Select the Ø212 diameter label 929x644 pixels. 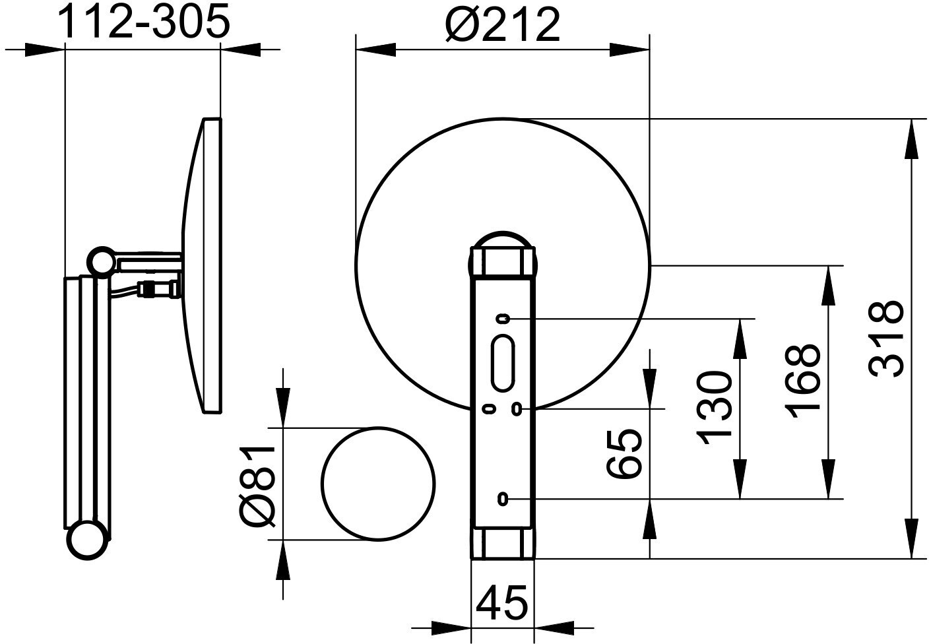[x=503, y=24]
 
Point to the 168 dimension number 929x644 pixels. [x=804, y=381]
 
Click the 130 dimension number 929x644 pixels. [x=715, y=408]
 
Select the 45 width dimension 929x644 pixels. [x=503, y=602]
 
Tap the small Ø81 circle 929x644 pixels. [x=379, y=484]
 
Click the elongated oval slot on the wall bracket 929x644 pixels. [x=503, y=363]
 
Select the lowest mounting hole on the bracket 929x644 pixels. [x=503, y=498]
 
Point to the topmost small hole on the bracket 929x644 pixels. [x=503, y=319]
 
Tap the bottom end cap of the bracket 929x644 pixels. [x=503, y=542]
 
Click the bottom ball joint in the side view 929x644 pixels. [x=86, y=540]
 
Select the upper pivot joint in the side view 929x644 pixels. [x=102, y=261]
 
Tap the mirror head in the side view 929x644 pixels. [x=205, y=265]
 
